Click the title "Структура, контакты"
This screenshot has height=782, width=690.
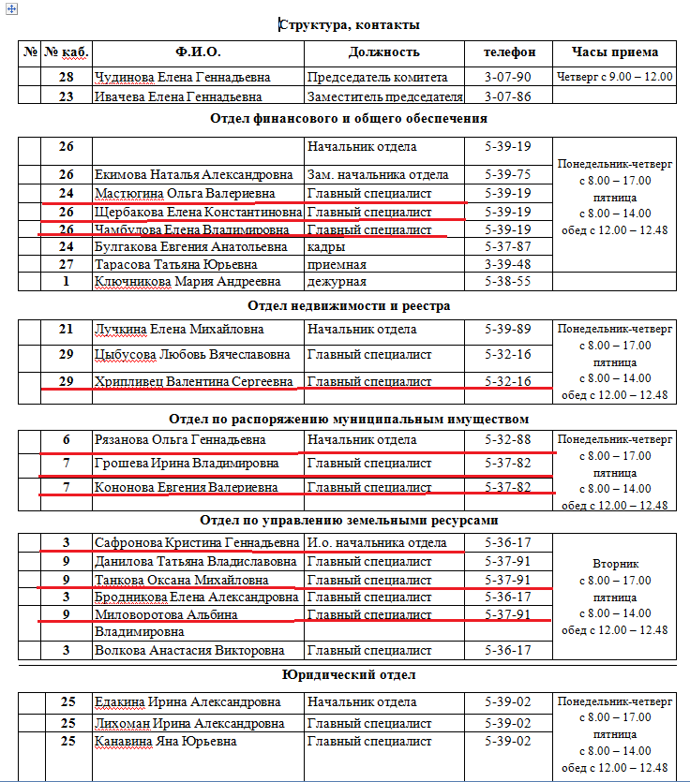pos(349,25)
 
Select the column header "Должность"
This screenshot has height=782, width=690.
pos(383,52)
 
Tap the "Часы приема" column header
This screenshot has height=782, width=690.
pos(614,52)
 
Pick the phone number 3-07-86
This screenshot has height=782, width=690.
pos(508,96)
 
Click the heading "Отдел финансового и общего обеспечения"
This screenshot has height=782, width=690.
pos(349,118)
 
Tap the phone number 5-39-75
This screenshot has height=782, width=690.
pos(508,174)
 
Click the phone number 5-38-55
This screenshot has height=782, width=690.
pos(508,281)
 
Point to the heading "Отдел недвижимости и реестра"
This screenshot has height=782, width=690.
pos(349,305)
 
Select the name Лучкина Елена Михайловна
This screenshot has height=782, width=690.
pos(180,330)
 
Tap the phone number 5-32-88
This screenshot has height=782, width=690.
pos(508,440)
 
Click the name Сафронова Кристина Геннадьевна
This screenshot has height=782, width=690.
pos(197,543)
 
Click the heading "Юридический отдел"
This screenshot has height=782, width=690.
pos(349,674)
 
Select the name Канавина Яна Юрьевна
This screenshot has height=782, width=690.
pos(166,742)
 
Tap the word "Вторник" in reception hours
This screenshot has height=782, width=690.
pos(615,565)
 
